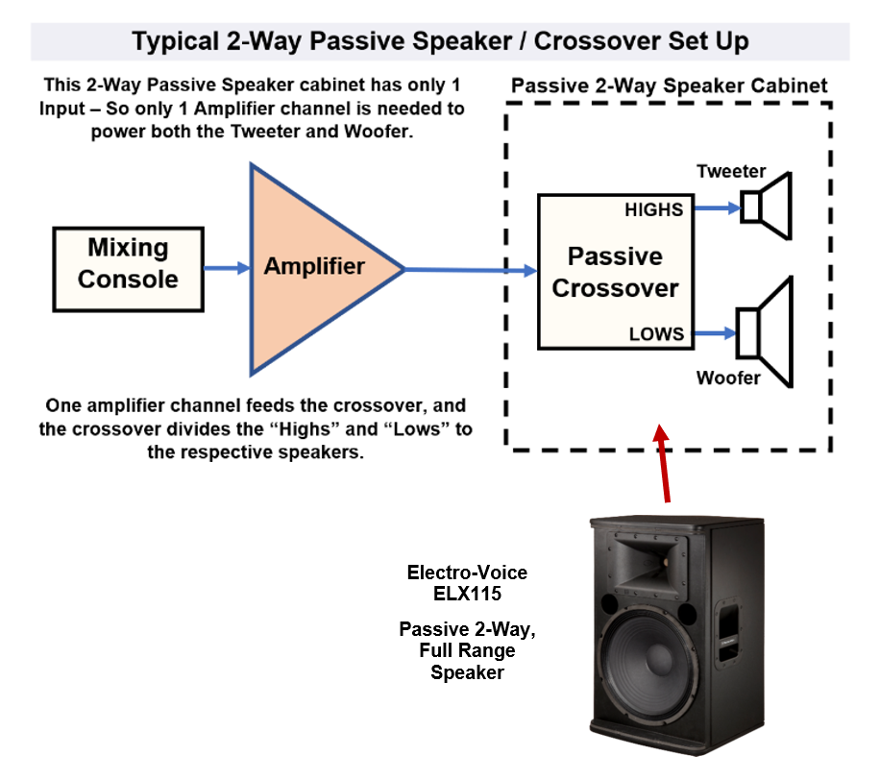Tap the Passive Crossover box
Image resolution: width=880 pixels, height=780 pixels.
click(615, 272)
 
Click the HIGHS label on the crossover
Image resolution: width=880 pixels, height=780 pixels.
click(654, 209)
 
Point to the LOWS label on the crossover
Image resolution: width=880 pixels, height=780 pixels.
click(656, 334)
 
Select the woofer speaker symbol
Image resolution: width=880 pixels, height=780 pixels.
click(764, 332)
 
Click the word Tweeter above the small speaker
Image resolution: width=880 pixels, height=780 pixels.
click(731, 172)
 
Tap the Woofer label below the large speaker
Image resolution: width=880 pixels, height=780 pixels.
click(728, 378)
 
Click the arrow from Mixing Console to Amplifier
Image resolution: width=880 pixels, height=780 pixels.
click(227, 268)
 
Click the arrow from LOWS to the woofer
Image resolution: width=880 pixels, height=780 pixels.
click(714, 333)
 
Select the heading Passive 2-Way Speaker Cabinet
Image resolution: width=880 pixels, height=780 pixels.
click(669, 85)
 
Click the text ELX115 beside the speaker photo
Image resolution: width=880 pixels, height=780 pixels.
click(467, 594)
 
